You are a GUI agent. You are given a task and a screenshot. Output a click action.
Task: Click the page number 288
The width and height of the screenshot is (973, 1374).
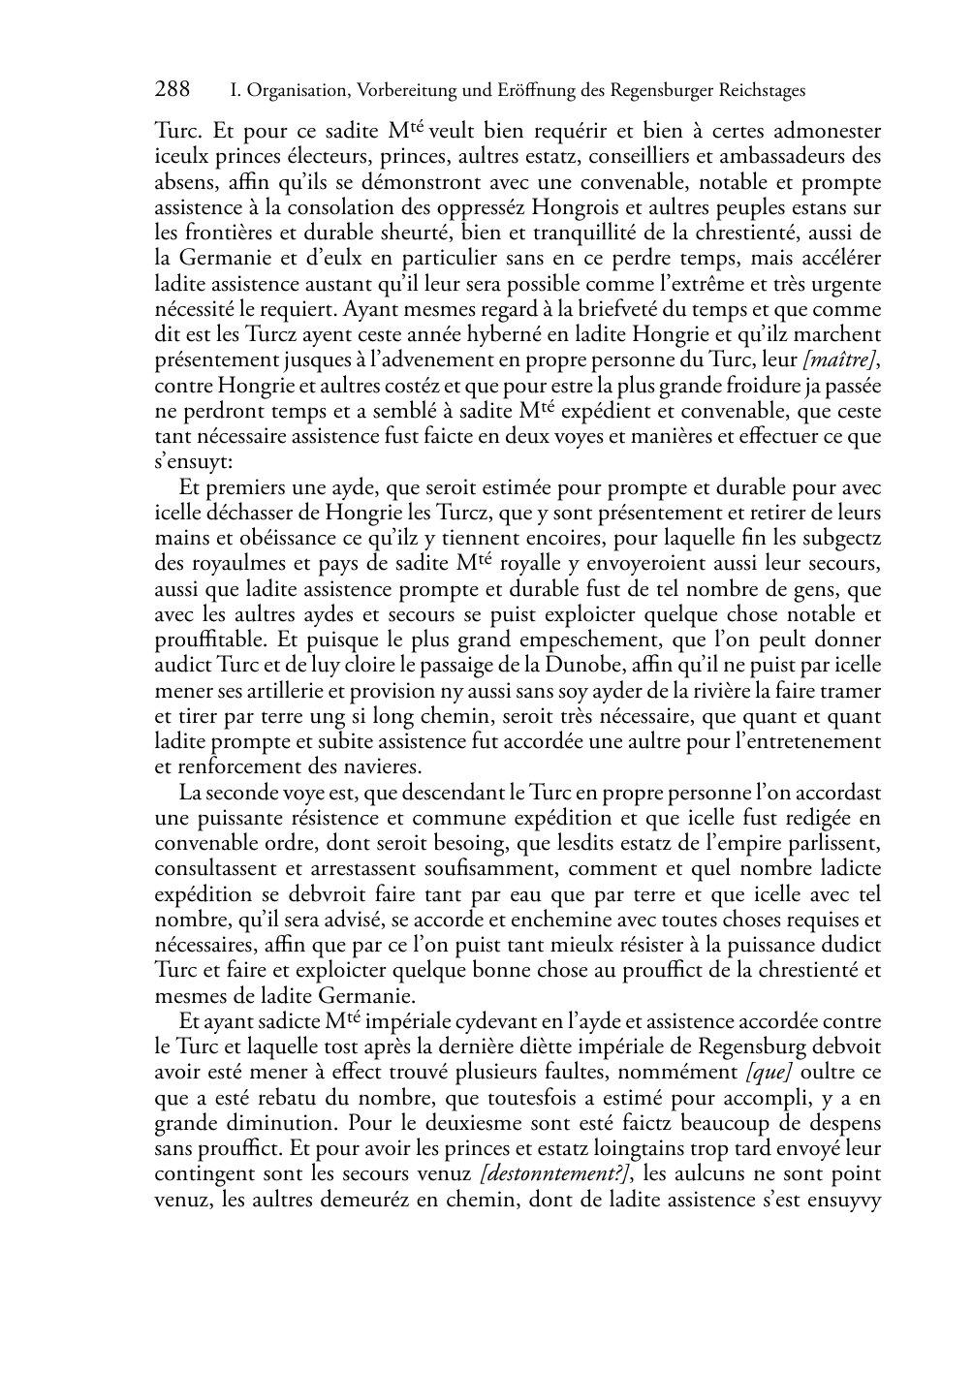click(173, 90)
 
